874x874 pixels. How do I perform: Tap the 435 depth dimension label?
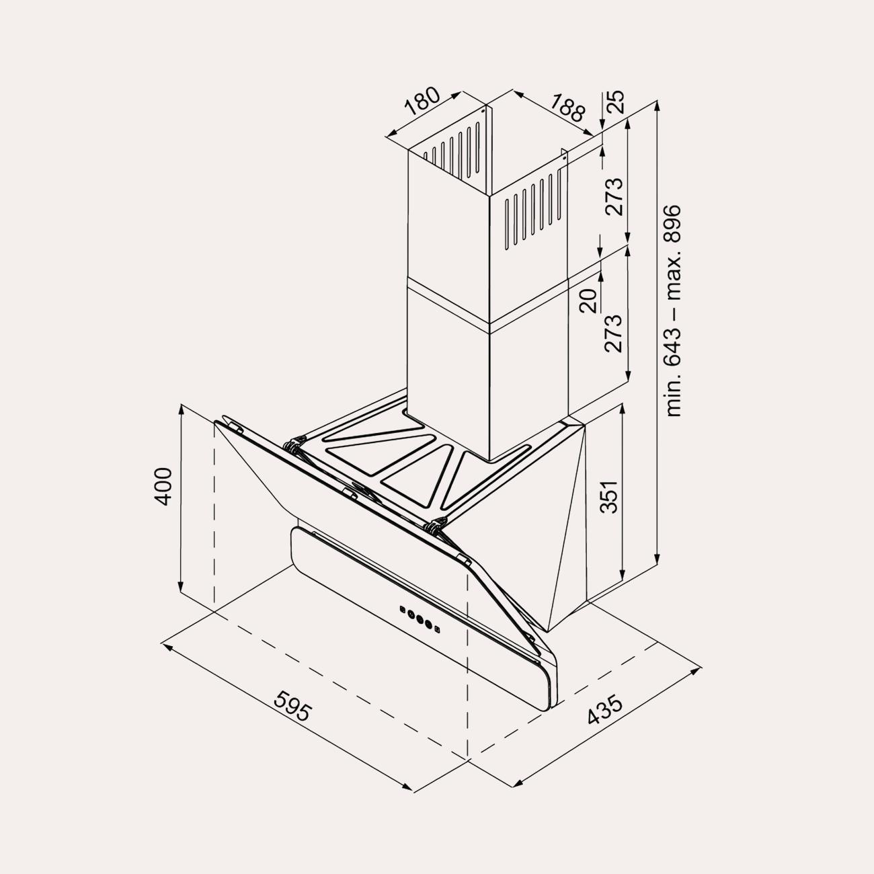pyautogui.click(x=605, y=717)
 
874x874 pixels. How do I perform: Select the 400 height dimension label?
pyautogui.click(x=163, y=486)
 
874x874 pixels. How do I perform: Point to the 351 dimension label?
pyautogui.click(x=608, y=497)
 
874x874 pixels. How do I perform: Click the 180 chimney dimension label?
pyautogui.click(x=422, y=101)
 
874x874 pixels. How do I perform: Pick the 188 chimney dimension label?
pyautogui.click(x=568, y=108)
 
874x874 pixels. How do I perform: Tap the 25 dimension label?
pyautogui.click(x=615, y=102)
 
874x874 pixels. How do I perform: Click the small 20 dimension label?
pyautogui.click(x=589, y=301)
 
